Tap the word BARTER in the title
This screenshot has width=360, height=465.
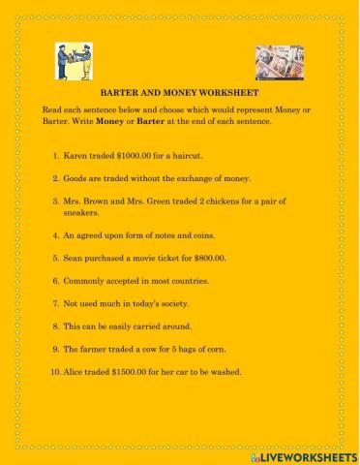pyautogui.click(x=144, y=99)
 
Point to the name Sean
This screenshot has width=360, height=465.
pyautogui.click(x=73, y=259)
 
